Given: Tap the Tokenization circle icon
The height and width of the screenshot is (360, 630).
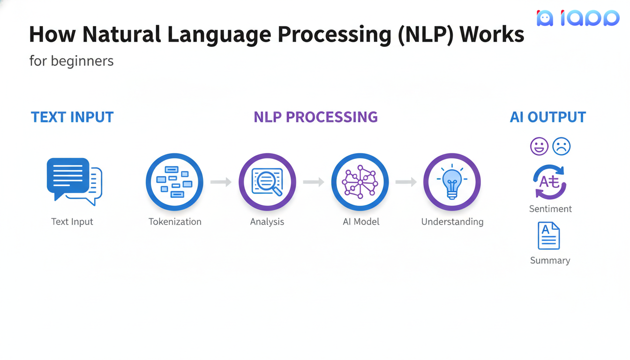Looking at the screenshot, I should coord(174,182).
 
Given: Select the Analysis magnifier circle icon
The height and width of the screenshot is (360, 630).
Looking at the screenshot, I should coord(267,182).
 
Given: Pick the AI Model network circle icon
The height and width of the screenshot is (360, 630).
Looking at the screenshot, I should coord(360,182).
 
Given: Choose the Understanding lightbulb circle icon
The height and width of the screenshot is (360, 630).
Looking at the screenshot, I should coord(452,182).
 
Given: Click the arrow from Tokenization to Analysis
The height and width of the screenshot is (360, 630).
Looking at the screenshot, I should coord(221,182).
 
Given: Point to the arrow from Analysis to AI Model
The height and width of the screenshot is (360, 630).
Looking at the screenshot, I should coord(314,182).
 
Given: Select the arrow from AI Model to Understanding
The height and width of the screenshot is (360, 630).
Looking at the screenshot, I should coord(406,182).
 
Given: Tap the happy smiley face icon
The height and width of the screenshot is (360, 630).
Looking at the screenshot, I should coord(539,147).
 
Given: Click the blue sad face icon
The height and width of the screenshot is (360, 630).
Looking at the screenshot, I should coord(562,147).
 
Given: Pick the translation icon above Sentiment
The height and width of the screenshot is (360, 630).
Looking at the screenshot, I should coord(550,182).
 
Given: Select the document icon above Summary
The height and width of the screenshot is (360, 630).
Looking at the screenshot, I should coord(549,236).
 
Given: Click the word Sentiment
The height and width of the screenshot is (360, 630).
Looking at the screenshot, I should coord(550,209).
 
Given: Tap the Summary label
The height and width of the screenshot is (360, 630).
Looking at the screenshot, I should coord(550,261).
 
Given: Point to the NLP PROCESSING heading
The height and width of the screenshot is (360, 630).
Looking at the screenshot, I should coord(315,117).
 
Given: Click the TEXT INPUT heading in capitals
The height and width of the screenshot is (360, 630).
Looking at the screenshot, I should coord(72,117).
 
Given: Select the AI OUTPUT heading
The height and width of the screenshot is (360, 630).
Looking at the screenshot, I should coord(547,117).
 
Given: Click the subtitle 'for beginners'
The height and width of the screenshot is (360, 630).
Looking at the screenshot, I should coord(71,61).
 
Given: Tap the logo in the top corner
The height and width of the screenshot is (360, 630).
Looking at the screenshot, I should coord(578,18).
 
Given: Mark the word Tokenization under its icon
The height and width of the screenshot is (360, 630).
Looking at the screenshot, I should coord(175,222).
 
